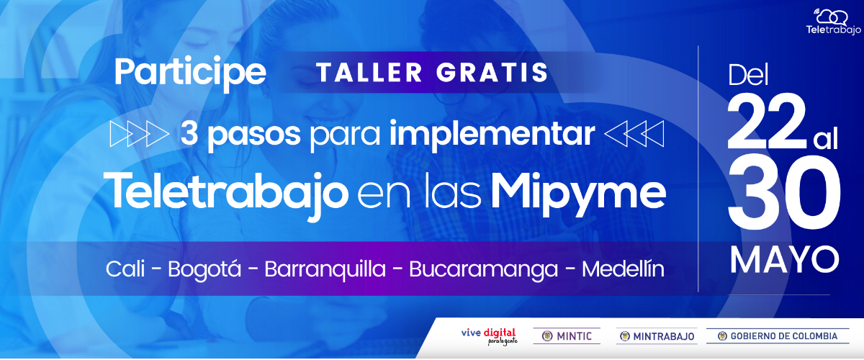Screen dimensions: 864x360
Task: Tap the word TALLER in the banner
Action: click(369, 73)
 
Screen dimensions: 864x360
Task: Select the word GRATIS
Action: click(492, 73)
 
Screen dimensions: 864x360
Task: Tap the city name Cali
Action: click(125, 269)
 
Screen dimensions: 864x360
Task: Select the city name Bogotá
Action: click(204, 269)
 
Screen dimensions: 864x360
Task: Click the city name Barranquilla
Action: click(325, 269)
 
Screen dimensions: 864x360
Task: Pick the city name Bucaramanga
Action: click(483, 270)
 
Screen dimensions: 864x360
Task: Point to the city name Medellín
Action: click(623, 269)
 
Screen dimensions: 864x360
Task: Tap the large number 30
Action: click(785, 193)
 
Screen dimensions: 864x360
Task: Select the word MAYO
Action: click(784, 261)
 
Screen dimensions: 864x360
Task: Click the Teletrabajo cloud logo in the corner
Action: click(833, 22)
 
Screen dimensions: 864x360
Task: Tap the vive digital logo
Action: click(489, 336)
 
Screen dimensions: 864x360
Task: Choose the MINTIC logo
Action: click(567, 336)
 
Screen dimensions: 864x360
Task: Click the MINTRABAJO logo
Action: click(657, 336)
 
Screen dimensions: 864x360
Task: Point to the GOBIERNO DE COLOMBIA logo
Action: click(778, 336)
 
